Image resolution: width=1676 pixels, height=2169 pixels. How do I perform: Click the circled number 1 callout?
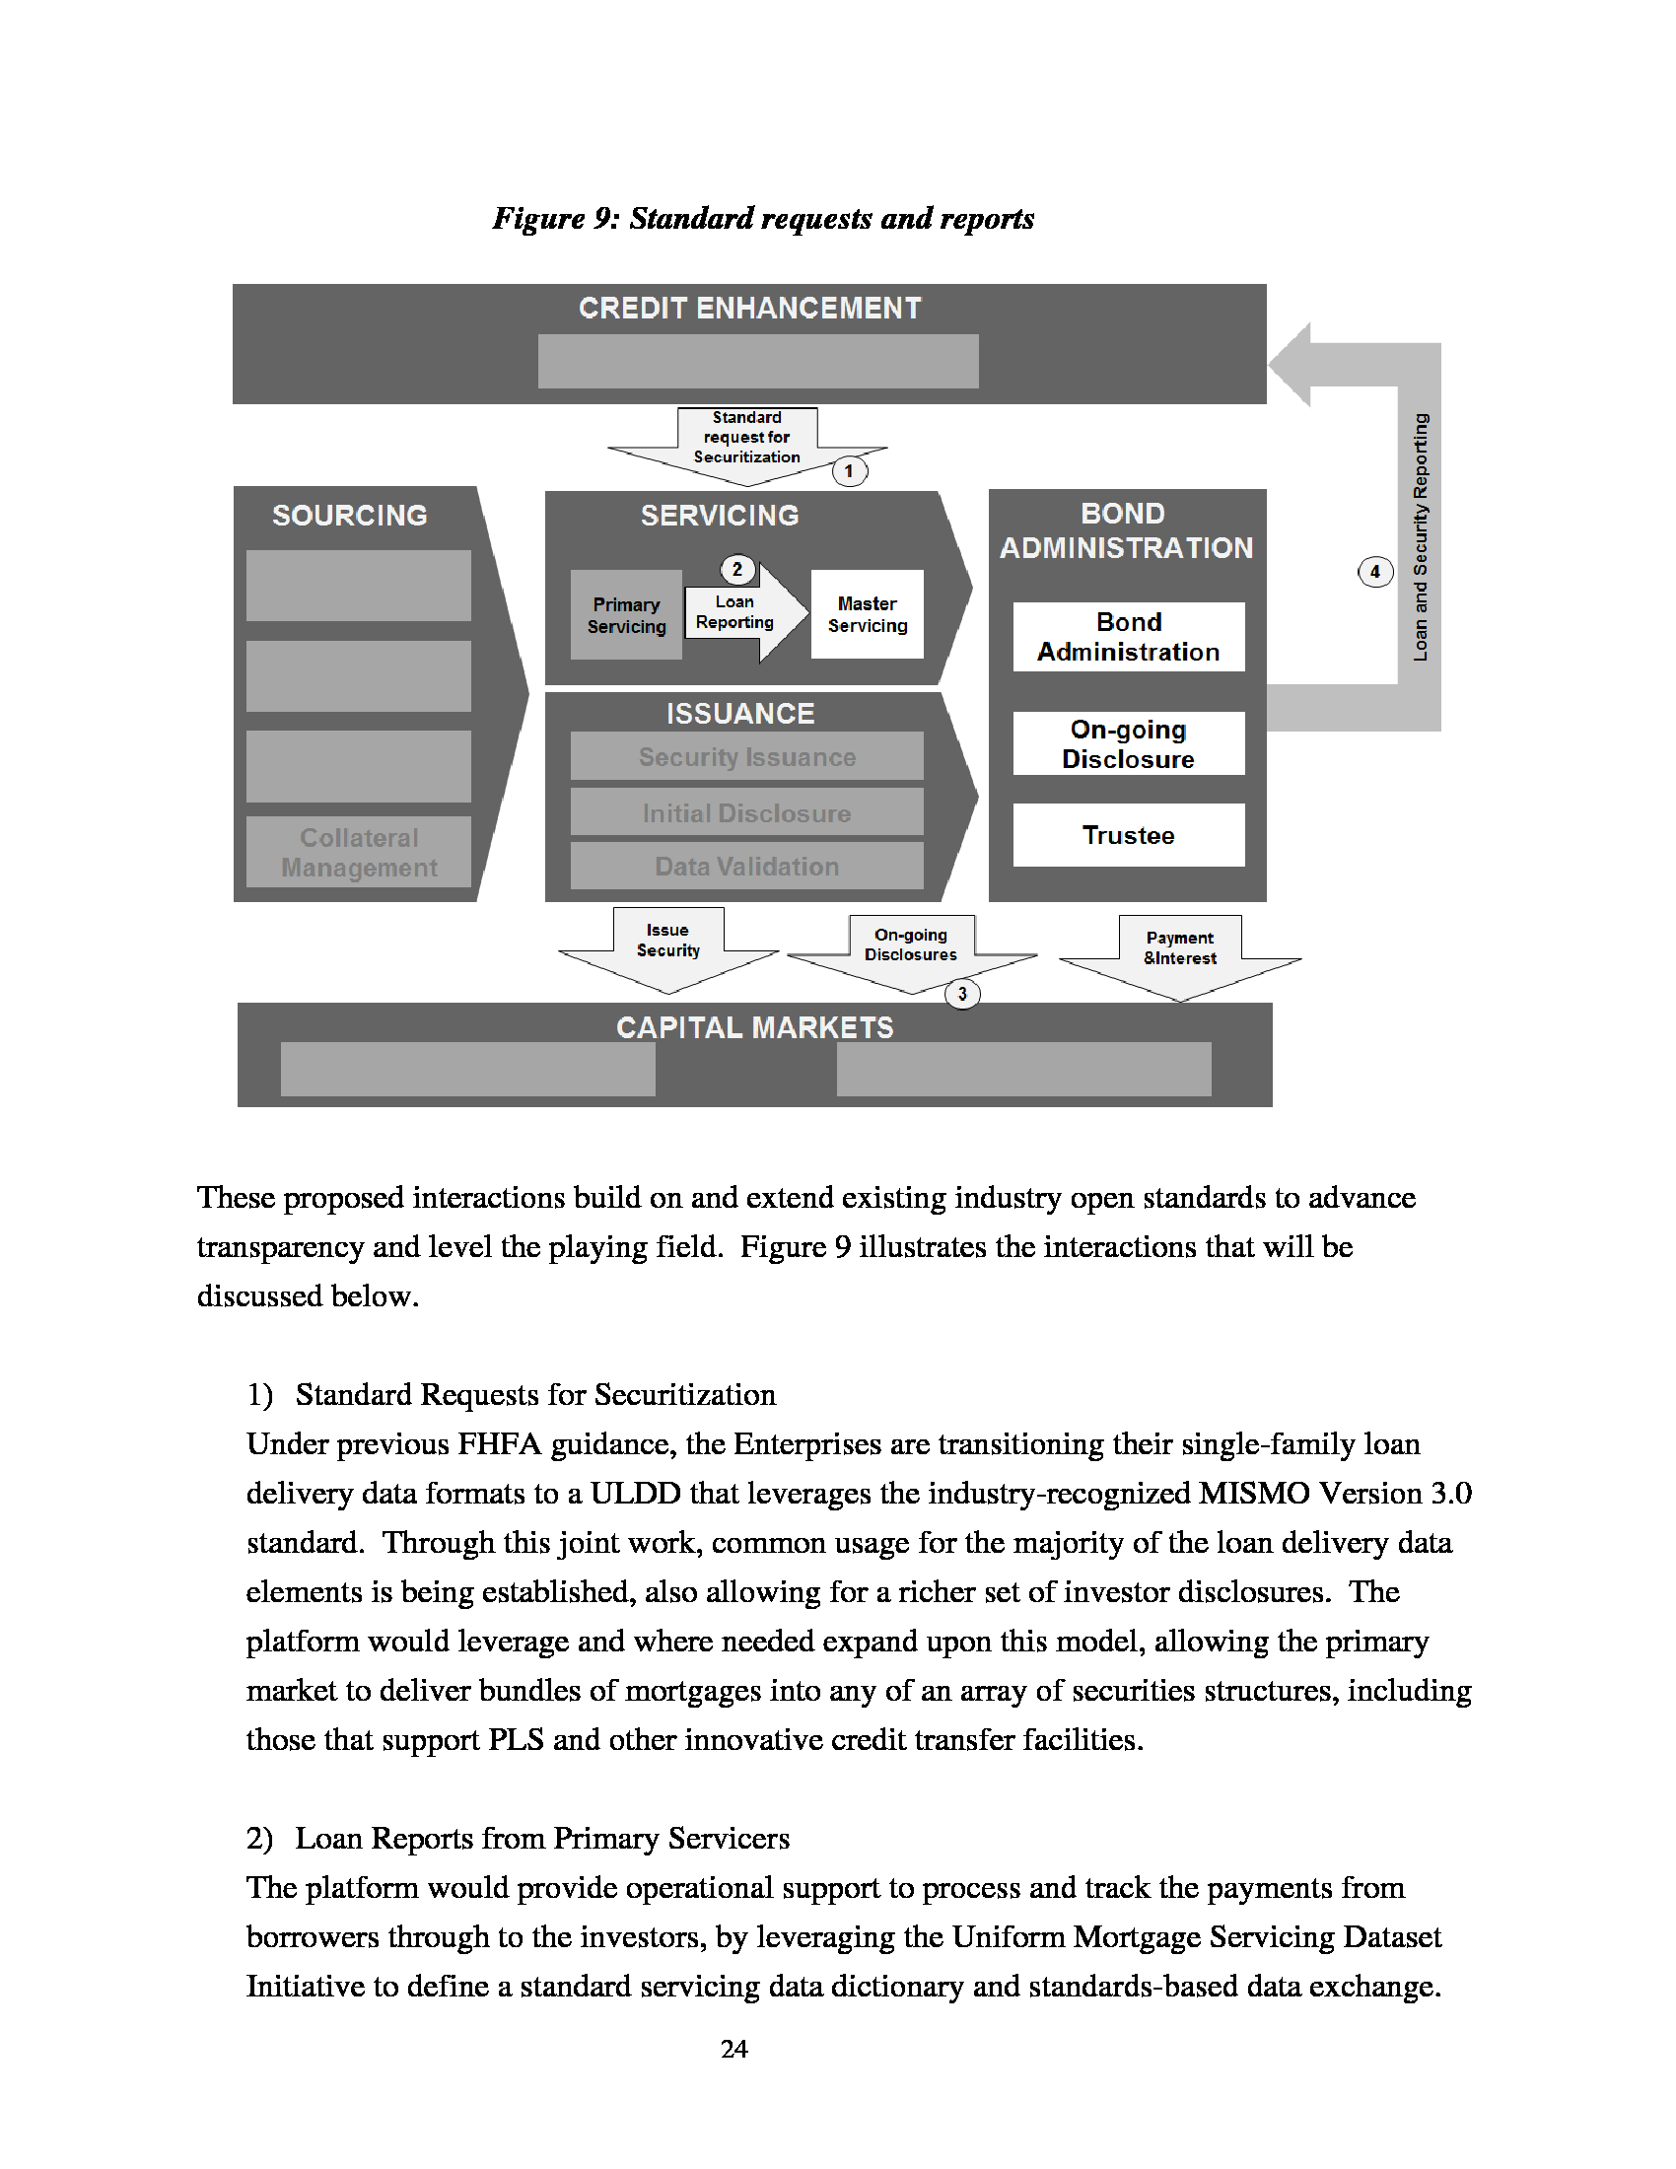[849, 470]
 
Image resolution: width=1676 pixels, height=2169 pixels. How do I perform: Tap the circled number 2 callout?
[736, 569]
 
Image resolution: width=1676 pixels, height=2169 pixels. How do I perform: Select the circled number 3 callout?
[962, 993]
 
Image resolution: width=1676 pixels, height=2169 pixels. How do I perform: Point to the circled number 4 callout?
[1375, 571]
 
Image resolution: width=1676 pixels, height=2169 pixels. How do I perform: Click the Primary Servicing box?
[626, 615]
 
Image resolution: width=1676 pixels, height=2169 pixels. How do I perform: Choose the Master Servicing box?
[867, 615]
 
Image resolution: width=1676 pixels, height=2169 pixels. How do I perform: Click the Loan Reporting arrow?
[739, 612]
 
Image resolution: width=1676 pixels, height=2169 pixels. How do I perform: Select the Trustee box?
[1128, 835]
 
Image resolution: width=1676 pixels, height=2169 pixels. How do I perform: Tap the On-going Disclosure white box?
[1128, 743]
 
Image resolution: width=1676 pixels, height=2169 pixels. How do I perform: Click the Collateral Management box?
[359, 852]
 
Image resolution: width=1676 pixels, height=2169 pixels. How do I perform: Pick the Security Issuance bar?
[746, 757]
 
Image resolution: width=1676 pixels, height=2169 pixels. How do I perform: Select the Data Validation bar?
[746, 866]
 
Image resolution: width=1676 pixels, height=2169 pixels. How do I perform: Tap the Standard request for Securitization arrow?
[746, 441]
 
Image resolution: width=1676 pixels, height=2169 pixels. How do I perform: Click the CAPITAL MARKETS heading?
[754, 1027]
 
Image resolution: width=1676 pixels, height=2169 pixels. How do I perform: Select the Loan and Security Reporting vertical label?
[1421, 537]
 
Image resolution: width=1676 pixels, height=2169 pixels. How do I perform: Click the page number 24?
[733, 2049]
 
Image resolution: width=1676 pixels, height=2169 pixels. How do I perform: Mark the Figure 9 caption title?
[762, 218]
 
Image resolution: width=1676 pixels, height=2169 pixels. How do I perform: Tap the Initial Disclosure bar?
[746, 812]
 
